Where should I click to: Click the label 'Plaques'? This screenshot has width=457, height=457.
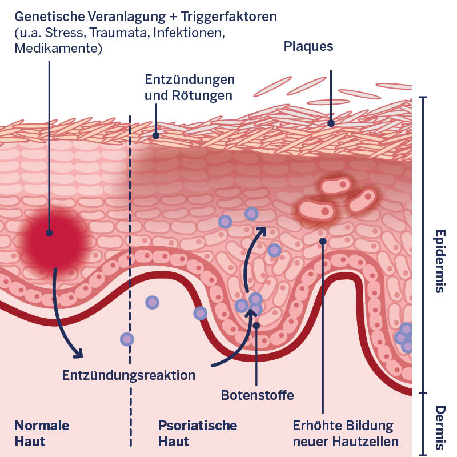[x=308, y=46]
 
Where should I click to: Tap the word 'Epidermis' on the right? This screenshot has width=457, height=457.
[x=439, y=261]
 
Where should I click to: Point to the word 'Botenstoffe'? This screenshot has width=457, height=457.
[x=257, y=395]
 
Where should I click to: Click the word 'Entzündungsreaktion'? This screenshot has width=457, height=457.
[x=129, y=375]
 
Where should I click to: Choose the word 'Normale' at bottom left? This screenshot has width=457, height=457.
[x=42, y=426]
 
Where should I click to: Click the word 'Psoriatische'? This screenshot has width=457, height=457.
[x=197, y=426]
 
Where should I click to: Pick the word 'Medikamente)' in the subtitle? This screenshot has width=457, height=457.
[x=58, y=49]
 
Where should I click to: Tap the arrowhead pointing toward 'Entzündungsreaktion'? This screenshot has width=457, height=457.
[x=78, y=354]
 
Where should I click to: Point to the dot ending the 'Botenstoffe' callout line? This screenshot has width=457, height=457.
[x=256, y=326]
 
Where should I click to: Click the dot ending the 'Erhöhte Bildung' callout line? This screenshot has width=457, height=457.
[x=323, y=241]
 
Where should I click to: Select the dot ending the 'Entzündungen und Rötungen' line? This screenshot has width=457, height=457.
[x=155, y=136]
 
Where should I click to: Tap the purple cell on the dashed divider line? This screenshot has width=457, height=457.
[x=127, y=339]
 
